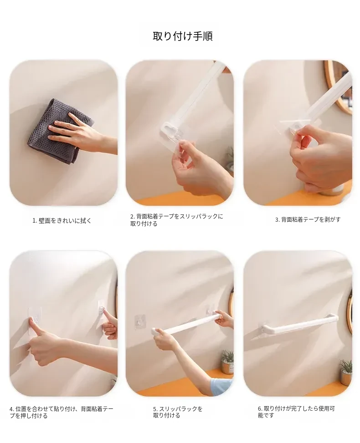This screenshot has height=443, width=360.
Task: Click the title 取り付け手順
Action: pyautogui.click(x=183, y=36)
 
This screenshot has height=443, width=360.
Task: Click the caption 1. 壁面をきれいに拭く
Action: pyautogui.click(x=62, y=221)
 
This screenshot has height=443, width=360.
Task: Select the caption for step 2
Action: pyautogui.click(x=176, y=220)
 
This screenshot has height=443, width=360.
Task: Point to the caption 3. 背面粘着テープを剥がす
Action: pyautogui.click(x=308, y=219)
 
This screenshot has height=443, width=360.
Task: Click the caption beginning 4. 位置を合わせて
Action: pyautogui.click(x=62, y=412)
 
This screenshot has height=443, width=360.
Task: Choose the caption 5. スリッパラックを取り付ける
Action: pyautogui.click(x=178, y=412)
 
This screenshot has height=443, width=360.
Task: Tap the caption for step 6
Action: pyautogui.click(x=296, y=412)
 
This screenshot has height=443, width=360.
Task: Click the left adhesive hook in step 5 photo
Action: pyautogui.click(x=140, y=321)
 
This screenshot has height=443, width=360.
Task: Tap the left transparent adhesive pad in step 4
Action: pyautogui.click(x=35, y=321)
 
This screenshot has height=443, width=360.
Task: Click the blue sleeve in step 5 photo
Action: pyautogui.click(x=221, y=387)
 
